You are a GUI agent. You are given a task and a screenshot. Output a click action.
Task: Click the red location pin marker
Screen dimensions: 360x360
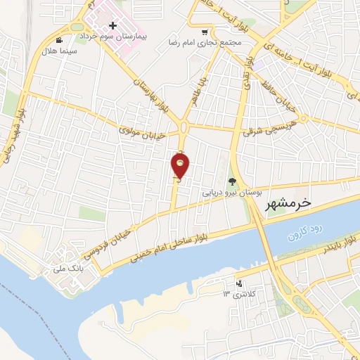(181, 166)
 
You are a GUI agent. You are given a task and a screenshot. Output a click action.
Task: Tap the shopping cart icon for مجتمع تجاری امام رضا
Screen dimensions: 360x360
(205, 32)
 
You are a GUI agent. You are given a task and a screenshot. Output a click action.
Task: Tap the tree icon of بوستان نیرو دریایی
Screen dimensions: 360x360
(232, 182)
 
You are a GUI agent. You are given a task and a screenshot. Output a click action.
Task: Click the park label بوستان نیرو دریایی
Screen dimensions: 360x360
(232, 191)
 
